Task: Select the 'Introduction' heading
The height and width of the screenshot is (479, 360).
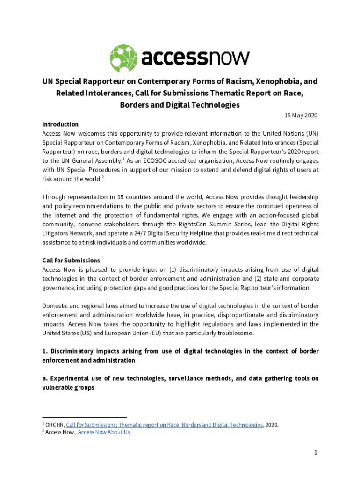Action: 60,124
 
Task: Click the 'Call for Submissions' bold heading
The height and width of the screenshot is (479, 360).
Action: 71,261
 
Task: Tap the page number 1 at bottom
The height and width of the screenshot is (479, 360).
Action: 316,452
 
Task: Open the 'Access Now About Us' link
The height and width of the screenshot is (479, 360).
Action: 104,432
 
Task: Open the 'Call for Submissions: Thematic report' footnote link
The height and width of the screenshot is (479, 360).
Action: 164,425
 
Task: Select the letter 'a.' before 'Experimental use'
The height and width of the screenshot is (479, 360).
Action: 45,378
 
